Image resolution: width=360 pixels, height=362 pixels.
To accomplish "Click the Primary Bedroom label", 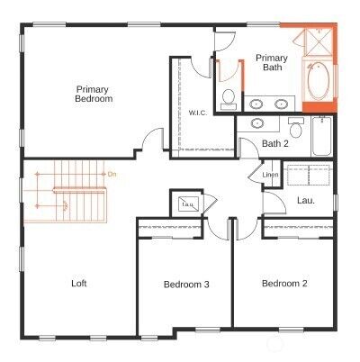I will click(94, 95).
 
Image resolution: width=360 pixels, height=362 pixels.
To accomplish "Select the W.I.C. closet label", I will click(198, 113).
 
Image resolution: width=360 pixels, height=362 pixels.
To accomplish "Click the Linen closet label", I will click(270, 175).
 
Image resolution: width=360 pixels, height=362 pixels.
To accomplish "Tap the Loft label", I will click(79, 284).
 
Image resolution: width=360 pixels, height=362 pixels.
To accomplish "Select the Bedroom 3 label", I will click(186, 285).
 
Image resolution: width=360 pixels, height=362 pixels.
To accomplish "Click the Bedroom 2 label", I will click(284, 284).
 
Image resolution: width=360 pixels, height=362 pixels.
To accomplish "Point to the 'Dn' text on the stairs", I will click(112, 173).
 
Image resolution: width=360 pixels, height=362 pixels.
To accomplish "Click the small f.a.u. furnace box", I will click(189, 204).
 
